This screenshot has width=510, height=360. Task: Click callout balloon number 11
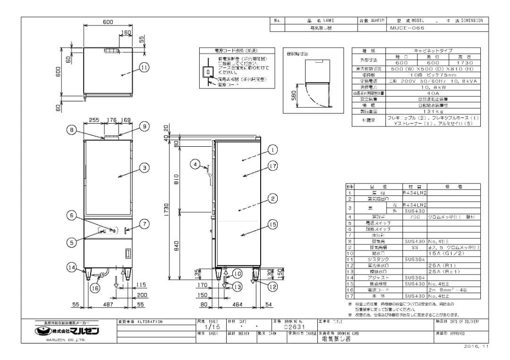(144, 68)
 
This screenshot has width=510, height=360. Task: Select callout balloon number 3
(144, 167)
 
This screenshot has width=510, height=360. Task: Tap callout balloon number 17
(273, 166)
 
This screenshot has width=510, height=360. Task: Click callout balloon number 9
(144, 126)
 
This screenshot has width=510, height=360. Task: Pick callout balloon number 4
(195, 164)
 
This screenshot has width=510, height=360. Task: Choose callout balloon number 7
(144, 224)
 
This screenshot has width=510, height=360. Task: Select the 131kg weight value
(433, 111)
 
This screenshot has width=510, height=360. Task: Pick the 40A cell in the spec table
(433, 93)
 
